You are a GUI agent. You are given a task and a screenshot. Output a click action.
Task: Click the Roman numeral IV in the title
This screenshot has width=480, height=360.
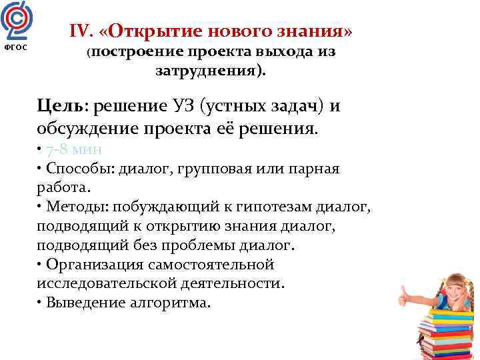click(80, 31)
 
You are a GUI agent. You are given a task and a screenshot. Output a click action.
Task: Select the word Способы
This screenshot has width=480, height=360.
click(79, 168)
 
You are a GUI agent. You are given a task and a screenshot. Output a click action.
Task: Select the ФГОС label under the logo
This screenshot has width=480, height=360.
click(15, 49)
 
